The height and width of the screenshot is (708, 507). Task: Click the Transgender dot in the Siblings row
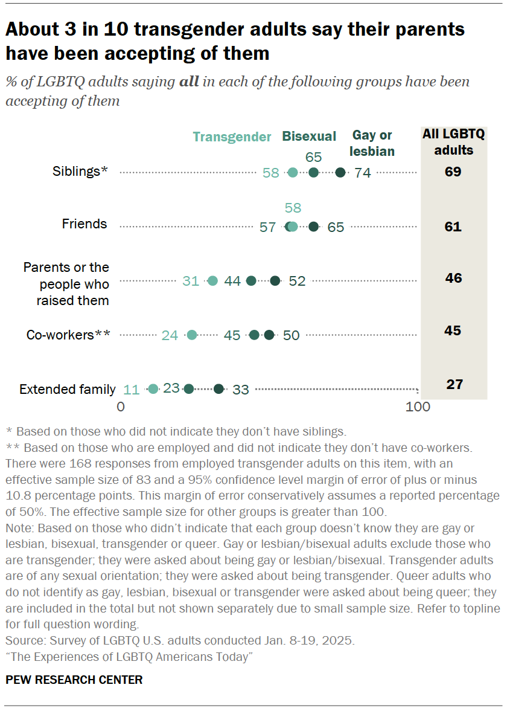(x=293, y=173)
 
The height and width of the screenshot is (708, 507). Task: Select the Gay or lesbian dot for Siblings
(x=340, y=173)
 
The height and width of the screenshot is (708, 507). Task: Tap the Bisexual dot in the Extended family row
(x=189, y=389)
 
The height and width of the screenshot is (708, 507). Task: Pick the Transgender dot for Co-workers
(x=192, y=335)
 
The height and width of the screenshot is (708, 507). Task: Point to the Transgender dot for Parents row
(x=212, y=281)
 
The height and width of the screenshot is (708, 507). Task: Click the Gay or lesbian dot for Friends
(x=313, y=227)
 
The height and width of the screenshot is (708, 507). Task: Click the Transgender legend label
(x=232, y=137)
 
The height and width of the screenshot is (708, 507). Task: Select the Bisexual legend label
(x=310, y=137)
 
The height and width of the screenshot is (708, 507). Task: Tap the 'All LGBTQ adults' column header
(x=453, y=142)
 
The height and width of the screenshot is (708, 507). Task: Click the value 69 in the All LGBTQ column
(x=453, y=172)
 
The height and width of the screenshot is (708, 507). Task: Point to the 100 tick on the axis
(x=418, y=407)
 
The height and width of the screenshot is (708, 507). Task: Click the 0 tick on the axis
(x=121, y=407)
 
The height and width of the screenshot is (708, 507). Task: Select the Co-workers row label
(x=68, y=335)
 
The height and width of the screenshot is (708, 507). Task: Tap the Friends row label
(x=84, y=224)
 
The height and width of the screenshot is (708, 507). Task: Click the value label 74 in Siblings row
(x=363, y=173)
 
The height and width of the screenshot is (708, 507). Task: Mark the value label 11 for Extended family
(x=132, y=390)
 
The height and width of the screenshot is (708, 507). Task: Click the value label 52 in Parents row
(x=297, y=281)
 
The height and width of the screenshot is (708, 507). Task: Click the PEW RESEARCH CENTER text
(x=74, y=680)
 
